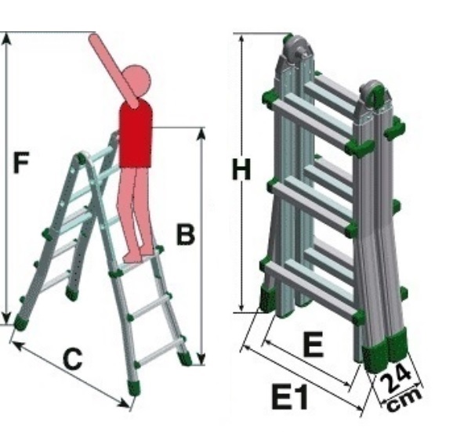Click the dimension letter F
pyautogui.click(x=21, y=162)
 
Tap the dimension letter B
pyautogui.click(x=186, y=234)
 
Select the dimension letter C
pyautogui.click(x=72, y=359)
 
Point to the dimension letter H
pyautogui.click(x=241, y=169)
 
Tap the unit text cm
pyautogui.click(x=404, y=399)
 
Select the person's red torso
pyautogui.click(x=136, y=134)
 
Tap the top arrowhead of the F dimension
pyautogui.click(x=7, y=39)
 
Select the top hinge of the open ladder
pyautogui.click(x=81, y=158)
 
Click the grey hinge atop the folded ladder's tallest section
pyautogui.click(x=297, y=50)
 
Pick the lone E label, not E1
pyautogui.click(x=314, y=344)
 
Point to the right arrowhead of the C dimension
pyautogui.click(x=124, y=402)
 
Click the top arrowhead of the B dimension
pyautogui.click(x=201, y=135)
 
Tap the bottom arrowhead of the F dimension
pyautogui.click(x=7, y=319)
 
